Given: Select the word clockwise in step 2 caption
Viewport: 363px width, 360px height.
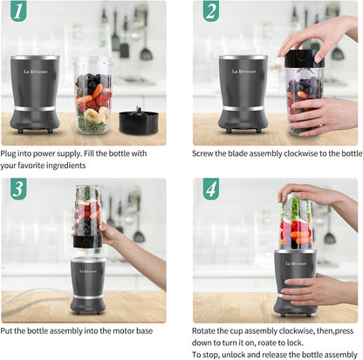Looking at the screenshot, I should [284, 153].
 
